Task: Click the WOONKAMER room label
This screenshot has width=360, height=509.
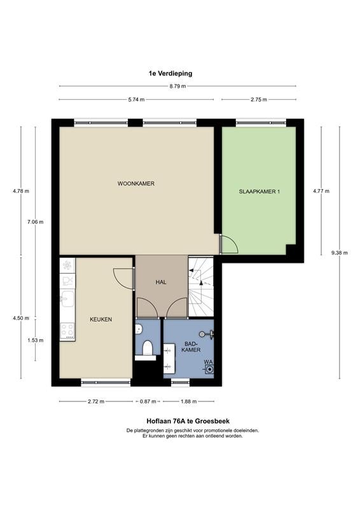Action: coord(135,184)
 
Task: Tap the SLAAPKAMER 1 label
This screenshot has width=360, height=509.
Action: coord(259,192)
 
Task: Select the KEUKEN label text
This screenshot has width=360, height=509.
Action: coord(101,319)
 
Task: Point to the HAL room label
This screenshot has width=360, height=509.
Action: coord(161,282)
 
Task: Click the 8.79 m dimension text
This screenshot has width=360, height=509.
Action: coord(178,87)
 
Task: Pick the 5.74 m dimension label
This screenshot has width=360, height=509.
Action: coord(136,100)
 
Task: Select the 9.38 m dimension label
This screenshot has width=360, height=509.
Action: coord(339,253)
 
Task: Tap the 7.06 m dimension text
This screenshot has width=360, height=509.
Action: coord(36,222)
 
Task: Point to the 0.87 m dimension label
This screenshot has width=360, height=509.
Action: coord(148,401)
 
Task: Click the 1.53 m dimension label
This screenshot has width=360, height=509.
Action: coord(36,340)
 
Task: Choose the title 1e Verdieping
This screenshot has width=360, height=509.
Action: coord(170,73)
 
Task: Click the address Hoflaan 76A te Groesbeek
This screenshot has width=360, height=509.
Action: coord(188,421)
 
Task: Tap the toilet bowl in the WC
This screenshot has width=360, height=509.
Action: coord(148,347)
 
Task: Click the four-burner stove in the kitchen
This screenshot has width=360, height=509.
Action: coord(67,330)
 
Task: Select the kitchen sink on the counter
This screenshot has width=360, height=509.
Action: coord(67,298)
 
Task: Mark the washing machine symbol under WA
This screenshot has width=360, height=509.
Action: coord(210,369)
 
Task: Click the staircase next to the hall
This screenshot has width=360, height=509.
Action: coord(201,287)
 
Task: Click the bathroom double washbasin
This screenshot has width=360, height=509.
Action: coord(169,358)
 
